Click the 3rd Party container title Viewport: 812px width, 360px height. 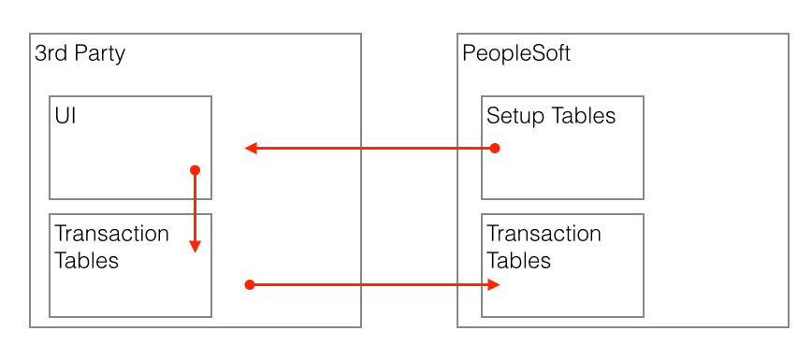click(x=80, y=53)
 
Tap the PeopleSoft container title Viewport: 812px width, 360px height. click(x=516, y=53)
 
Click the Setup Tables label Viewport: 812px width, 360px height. click(x=551, y=116)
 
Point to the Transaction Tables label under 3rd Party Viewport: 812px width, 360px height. click(x=111, y=247)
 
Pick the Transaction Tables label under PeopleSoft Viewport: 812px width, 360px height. click(x=544, y=247)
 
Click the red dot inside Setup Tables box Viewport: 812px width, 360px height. click(x=495, y=148)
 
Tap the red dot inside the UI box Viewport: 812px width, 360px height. click(x=195, y=170)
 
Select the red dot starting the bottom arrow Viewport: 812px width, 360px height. click(x=249, y=283)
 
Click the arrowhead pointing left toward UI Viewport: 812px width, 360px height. click(x=251, y=148)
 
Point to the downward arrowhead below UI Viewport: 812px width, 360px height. click(x=195, y=246)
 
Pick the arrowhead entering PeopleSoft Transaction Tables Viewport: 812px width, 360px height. click(x=493, y=283)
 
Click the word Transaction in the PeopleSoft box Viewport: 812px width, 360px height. click(x=544, y=234)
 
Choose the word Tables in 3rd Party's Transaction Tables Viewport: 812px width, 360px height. click(x=87, y=260)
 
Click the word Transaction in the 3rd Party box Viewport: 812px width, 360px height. click(x=111, y=234)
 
